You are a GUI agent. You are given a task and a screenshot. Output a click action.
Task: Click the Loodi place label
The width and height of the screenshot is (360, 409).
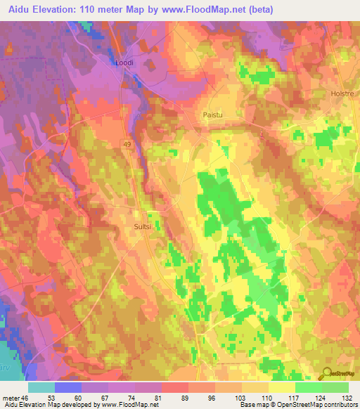pos(124,63)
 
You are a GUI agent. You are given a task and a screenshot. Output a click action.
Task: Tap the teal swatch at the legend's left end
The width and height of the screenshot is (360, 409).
pos(41,387)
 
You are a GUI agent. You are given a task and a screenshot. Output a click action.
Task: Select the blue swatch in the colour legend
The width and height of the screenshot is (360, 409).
pos(68,387)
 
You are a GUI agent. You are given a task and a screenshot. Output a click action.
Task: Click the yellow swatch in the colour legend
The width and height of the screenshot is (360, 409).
pos(281,387)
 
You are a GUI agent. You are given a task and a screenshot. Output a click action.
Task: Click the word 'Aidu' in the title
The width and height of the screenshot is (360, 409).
pos(15,9)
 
